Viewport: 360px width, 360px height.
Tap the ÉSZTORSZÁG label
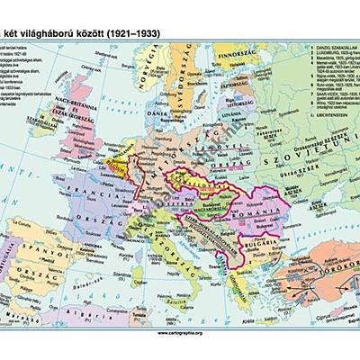236,91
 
